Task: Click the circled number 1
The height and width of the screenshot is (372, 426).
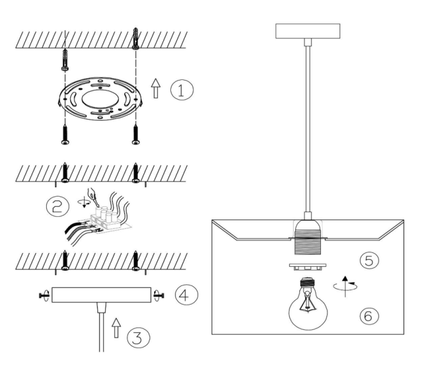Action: click(x=182, y=90)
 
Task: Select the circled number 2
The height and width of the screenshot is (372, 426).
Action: click(x=58, y=206)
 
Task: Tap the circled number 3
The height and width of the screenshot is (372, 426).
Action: click(x=138, y=337)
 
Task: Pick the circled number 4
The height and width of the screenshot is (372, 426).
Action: click(x=187, y=294)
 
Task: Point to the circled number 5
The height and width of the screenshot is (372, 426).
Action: click(x=369, y=260)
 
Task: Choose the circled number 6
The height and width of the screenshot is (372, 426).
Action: click(x=369, y=316)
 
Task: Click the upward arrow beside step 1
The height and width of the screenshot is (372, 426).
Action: click(x=155, y=88)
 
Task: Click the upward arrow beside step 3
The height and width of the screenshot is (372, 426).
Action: click(x=116, y=328)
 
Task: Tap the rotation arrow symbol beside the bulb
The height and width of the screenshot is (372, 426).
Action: click(x=346, y=286)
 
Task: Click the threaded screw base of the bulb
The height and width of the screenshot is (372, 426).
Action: click(x=308, y=282)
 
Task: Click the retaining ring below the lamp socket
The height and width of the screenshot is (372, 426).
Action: click(x=308, y=267)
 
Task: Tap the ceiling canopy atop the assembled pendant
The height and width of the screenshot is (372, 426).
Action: click(x=308, y=31)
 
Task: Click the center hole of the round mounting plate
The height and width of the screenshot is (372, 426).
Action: click(x=98, y=99)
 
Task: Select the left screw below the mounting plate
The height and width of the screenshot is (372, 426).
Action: click(x=65, y=134)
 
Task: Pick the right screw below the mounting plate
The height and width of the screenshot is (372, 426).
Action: click(x=136, y=134)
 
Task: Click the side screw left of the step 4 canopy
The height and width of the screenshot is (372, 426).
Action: click(x=44, y=295)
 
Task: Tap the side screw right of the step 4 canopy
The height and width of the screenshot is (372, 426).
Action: click(x=159, y=295)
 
